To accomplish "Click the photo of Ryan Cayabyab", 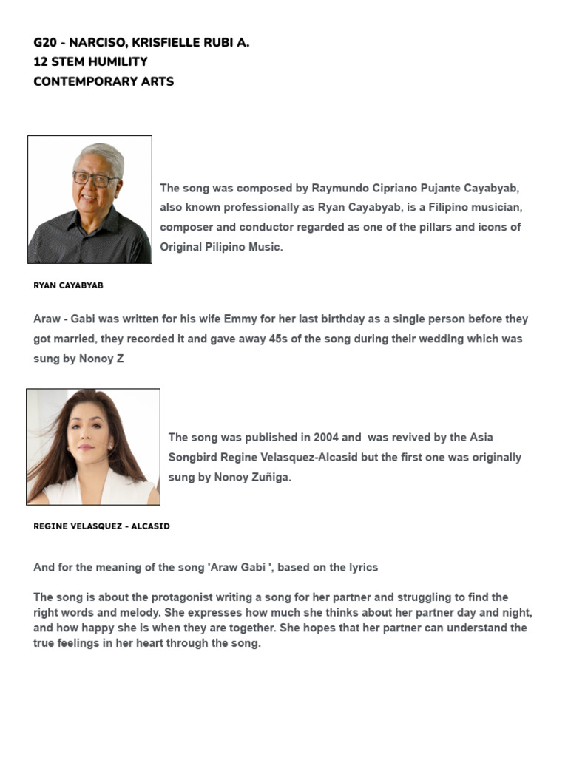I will (89, 200).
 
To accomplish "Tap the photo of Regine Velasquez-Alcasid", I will (93, 447).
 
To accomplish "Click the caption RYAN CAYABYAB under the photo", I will (68, 285).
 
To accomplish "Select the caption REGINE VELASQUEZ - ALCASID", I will (101, 526).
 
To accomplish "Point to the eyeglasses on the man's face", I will (95, 179).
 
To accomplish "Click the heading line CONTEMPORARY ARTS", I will (104, 81).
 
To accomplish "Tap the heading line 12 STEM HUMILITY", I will (90, 62).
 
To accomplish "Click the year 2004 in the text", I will (326, 438).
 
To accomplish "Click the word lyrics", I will (359, 568).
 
